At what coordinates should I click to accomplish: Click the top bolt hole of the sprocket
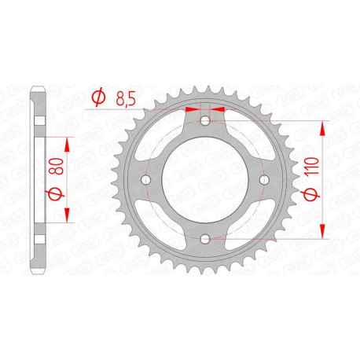pos(204,121)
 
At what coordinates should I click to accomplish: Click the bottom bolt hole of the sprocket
pos(204,238)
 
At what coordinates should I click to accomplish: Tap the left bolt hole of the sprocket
pos(145,180)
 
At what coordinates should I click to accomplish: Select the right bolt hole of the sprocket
pos(263,180)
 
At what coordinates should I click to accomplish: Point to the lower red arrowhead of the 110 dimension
pos(323,233)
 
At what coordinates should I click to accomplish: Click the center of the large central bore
pos(204,180)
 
